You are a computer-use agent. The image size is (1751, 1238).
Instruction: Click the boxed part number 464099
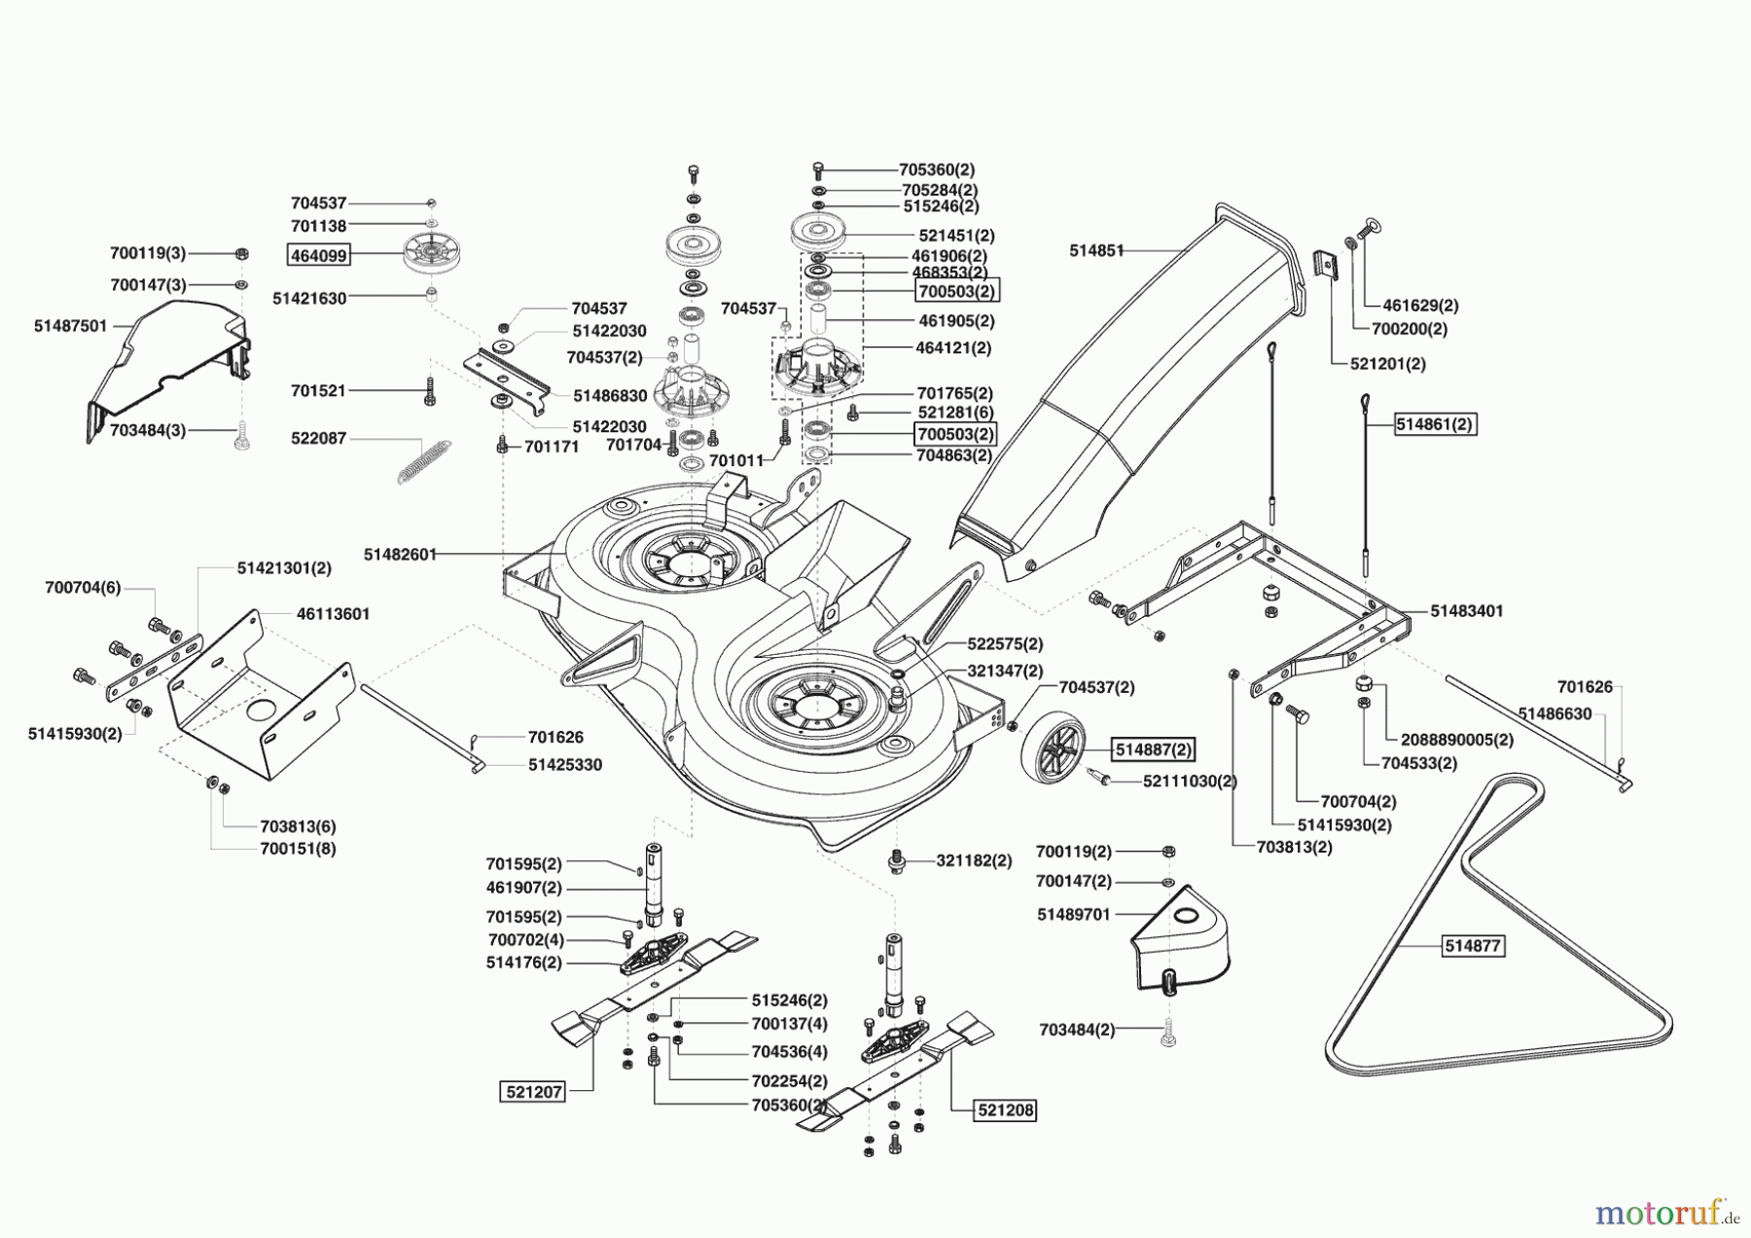pyautogui.click(x=318, y=256)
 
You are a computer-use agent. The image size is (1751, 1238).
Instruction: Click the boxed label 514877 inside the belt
pyautogui.click(x=1474, y=945)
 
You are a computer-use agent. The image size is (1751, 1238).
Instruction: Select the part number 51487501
pyautogui.click(x=70, y=326)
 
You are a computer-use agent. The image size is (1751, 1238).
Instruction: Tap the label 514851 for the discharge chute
pyautogui.click(x=1096, y=250)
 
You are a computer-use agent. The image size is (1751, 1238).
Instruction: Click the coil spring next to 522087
pyautogui.click(x=425, y=460)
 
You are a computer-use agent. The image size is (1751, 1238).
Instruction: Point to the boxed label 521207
pyautogui.click(x=533, y=1092)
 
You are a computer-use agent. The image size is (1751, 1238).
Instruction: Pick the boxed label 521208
pyautogui.click(x=1005, y=1110)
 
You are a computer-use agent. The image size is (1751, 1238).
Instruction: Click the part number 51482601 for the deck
pyautogui.click(x=400, y=554)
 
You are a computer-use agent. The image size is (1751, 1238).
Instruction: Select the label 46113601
pyautogui.click(x=333, y=614)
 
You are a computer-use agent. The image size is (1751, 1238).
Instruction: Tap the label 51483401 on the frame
pyautogui.click(x=1466, y=611)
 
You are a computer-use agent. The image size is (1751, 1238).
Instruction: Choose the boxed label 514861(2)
pyautogui.click(x=1435, y=424)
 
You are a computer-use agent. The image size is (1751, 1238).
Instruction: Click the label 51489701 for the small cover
pyautogui.click(x=1073, y=915)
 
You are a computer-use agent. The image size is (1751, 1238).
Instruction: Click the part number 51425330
pyautogui.click(x=565, y=765)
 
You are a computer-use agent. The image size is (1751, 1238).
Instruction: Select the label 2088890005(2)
pyautogui.click(x=1456, y=739)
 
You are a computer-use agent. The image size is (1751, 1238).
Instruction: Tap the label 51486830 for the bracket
pyautogui.click(x=610, y=395)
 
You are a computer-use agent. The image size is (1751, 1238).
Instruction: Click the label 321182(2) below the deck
pyautogui.click(x=974, y=860)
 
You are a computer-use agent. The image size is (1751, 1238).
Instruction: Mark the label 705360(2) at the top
pyautogui.click(x=937, y=168)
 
